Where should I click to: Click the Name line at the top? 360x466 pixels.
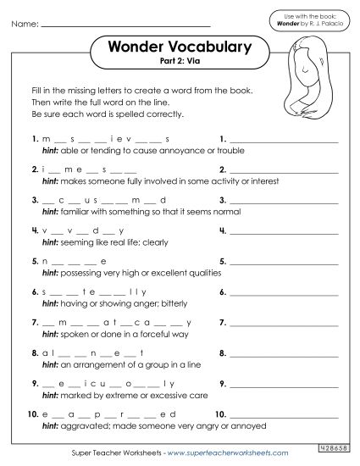144,25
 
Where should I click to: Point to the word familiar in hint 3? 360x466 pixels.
74,211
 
